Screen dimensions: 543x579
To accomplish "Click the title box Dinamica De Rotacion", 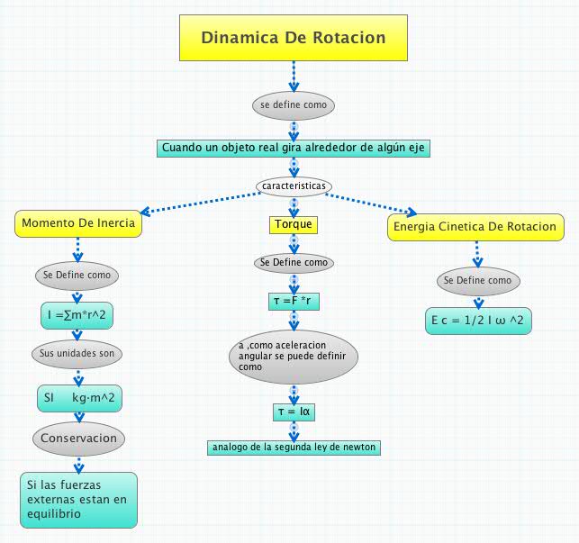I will [293, 39].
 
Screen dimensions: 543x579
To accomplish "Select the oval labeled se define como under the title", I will [294, 105].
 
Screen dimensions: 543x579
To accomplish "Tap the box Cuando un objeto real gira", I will [293, 148].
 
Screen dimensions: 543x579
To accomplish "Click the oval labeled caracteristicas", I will [294, 186].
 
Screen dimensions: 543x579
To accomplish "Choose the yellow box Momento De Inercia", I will [78, 223].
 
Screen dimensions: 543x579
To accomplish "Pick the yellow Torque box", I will [294, 223].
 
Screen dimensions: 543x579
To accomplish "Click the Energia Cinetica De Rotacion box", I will [476, 227].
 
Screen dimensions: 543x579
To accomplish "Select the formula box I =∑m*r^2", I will [77, 315].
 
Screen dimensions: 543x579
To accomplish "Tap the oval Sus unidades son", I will [77, 354].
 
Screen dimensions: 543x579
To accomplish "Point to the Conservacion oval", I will [78, 439].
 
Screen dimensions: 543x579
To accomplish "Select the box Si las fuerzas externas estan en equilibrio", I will [78, 500].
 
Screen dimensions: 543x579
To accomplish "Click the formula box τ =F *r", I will [294, 301].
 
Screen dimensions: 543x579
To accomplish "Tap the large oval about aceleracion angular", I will [294, 357].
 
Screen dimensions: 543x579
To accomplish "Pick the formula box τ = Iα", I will [293, 412].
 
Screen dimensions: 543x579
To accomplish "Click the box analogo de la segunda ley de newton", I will [294, 447].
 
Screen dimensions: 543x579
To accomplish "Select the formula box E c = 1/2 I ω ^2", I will [476, 321].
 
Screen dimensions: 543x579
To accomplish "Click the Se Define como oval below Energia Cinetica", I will [476, 280].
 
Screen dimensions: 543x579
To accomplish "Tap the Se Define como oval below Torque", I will [294, 263].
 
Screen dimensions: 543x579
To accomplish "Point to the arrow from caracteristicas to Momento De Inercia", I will [198, 203].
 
